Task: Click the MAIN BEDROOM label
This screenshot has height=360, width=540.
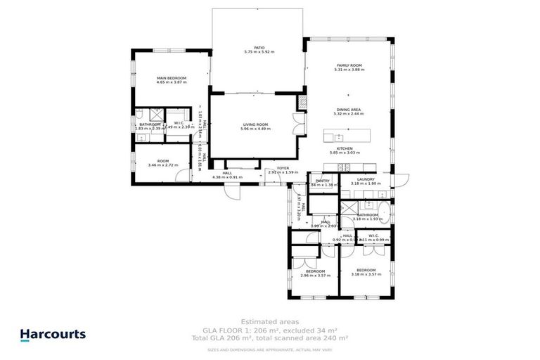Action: tap(171, 78)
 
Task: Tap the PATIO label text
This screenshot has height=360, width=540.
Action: tap(259, 48)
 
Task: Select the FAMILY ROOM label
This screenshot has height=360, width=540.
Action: tap(348, 65)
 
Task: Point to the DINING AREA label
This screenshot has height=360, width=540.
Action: tap(348, 110)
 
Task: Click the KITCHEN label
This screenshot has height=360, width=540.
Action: tap(345, 148)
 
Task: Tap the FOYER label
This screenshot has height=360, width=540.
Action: tap(283, 168)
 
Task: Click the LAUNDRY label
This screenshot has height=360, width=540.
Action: tap(365, 179)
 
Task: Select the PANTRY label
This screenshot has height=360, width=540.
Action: tap(323, 180)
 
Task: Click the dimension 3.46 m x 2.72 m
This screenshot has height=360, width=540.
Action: tap(163, 165)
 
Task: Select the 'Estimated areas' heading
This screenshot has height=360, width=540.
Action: tap(269, 322)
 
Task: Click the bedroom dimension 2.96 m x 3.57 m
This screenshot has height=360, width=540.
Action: tap(314, 275)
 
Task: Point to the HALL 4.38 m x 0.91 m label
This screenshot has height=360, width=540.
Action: tap(227, 176)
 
